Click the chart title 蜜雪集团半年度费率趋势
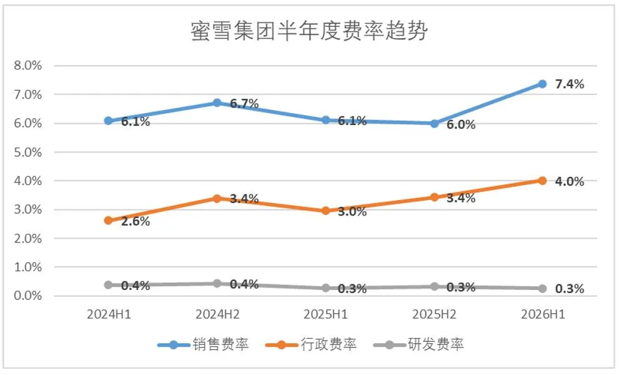(309, 31)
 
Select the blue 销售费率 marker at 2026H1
(542, 84)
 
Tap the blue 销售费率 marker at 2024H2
(217, 102)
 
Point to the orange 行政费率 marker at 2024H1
(108, 220)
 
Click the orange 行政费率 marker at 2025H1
(326, 211)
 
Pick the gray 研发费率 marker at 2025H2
(435, 286)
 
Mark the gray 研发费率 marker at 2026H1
(542, 289)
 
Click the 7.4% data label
(570, 84)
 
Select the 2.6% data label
(136, 221)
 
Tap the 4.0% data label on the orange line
(570, 181)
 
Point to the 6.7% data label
(244, 104)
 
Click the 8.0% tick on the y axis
(27, 66)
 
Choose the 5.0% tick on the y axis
(27, 152)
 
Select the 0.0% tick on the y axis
(27, 296)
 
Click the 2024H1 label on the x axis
(109, 314)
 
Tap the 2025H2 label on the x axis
(435, 314)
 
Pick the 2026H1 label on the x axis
(543, 314)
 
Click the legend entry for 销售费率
(203, 344)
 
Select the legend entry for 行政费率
(311, 344)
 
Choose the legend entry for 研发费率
(418, 344)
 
